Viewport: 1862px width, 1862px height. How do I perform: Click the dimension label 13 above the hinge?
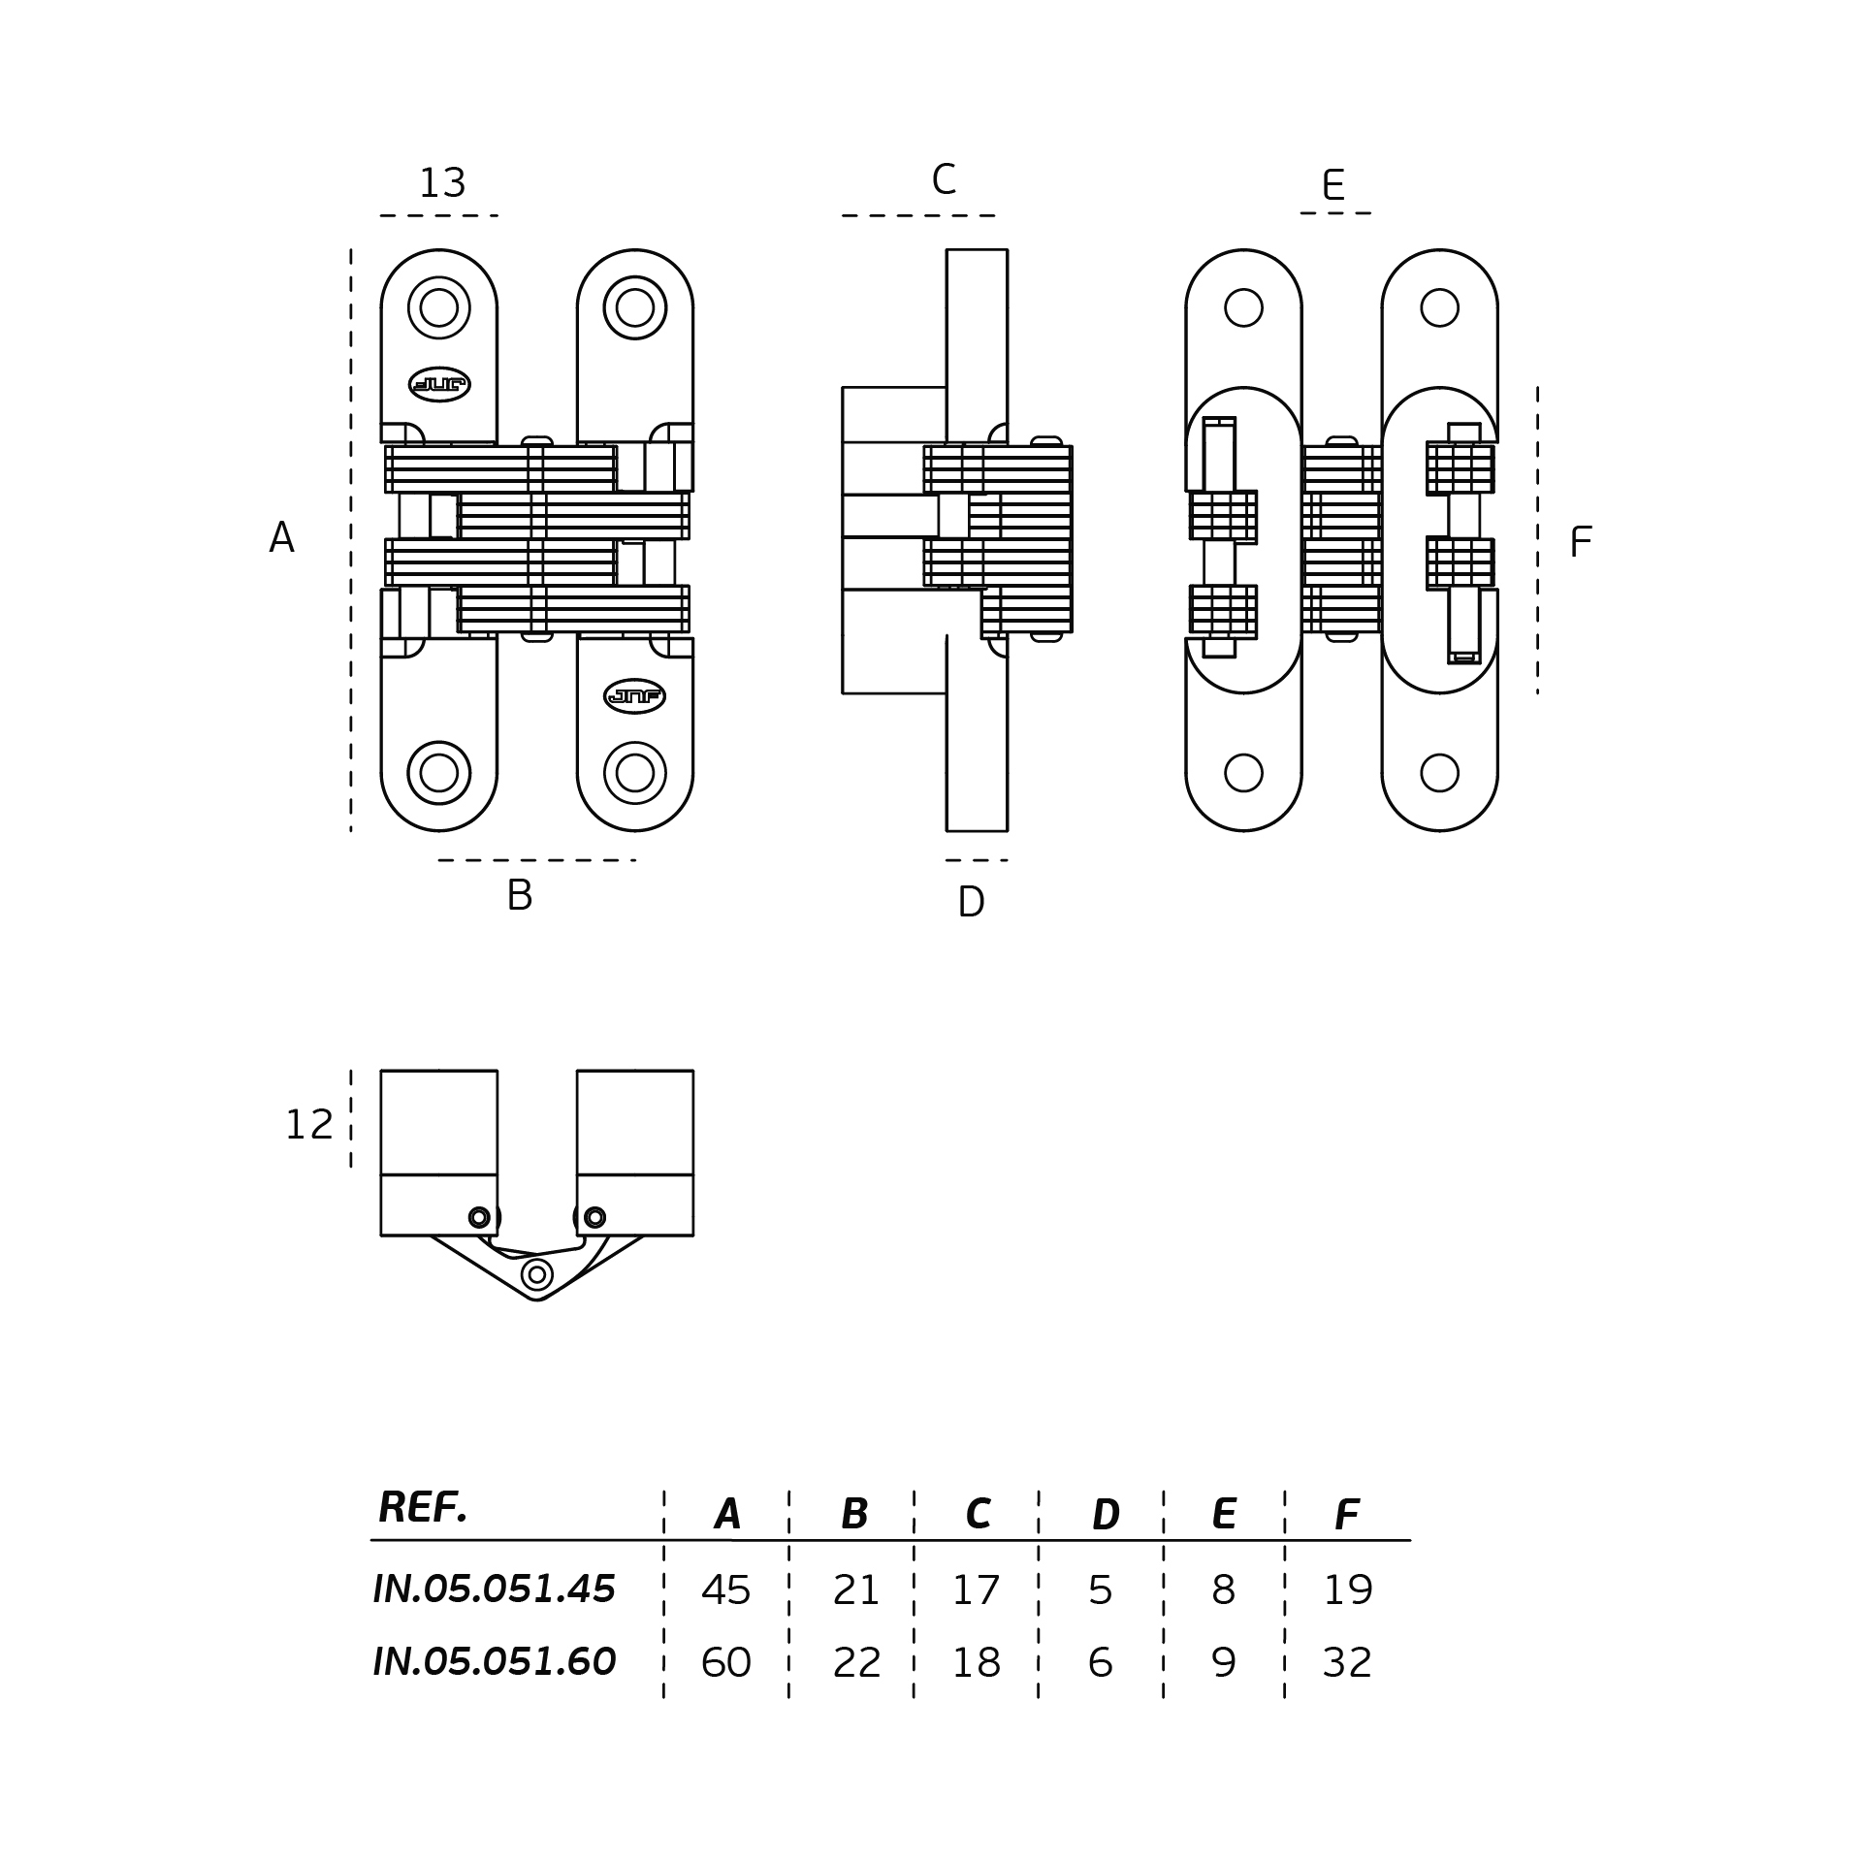pos(442,183)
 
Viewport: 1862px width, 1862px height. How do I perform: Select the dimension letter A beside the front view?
pos(281,538)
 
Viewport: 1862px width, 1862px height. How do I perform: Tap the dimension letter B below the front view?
pos(520,895)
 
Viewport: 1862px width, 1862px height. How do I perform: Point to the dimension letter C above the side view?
pos(944,180)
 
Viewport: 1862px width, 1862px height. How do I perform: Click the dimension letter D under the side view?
pos(971,903)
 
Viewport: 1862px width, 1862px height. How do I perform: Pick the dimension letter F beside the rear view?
pos(1580,543)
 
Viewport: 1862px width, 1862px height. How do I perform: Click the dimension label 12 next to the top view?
pos(309,1125)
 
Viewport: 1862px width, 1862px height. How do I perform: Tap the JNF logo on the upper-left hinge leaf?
pos(439,385)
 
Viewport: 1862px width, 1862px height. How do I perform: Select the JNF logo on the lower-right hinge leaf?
pos(634,696)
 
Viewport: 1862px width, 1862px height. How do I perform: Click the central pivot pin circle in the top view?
pos(537,1274)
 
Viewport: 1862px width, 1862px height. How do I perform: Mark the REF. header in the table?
pos(423,1508)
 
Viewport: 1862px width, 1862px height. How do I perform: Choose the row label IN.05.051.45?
pos(495,1589)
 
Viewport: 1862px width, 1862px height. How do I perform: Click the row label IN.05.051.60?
pos(495,1662)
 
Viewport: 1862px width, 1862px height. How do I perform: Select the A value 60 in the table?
pos(725,1663)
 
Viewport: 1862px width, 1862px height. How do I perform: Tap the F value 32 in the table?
pos(1347,1663)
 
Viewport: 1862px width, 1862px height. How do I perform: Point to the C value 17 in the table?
pos(976,1590)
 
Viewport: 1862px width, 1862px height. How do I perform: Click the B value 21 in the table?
pos(856,1590)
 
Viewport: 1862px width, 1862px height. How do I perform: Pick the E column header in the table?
pos(1224,1514)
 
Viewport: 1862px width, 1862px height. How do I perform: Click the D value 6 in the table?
pos(1100,1663)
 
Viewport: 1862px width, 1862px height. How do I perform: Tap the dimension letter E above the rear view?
pos(1333,185)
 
